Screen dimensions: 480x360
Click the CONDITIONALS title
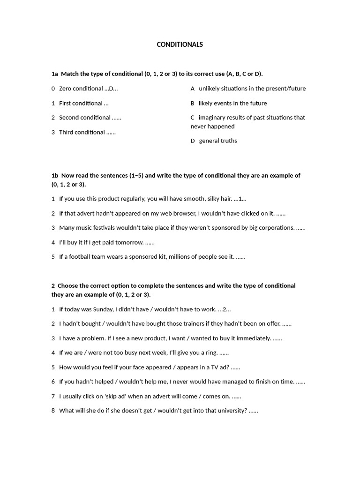pyautogui.click(x=180, y=45)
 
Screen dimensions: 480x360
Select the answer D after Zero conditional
pyautogui.click(x=111, y=89)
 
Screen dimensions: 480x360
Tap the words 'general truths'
pyautogui.click(x=218, y=141)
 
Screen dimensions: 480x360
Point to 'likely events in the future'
pyautogui.click(x=232, y=103)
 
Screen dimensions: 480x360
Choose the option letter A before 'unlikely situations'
pyautogui.click(x=193, y=89)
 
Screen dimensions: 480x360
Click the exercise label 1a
pyautogui.click(x=55, y=74)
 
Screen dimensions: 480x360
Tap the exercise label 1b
pyautogui.click(x=55, y=175)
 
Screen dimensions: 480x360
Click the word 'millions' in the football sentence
pyautogui.click(x=182, y=257)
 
